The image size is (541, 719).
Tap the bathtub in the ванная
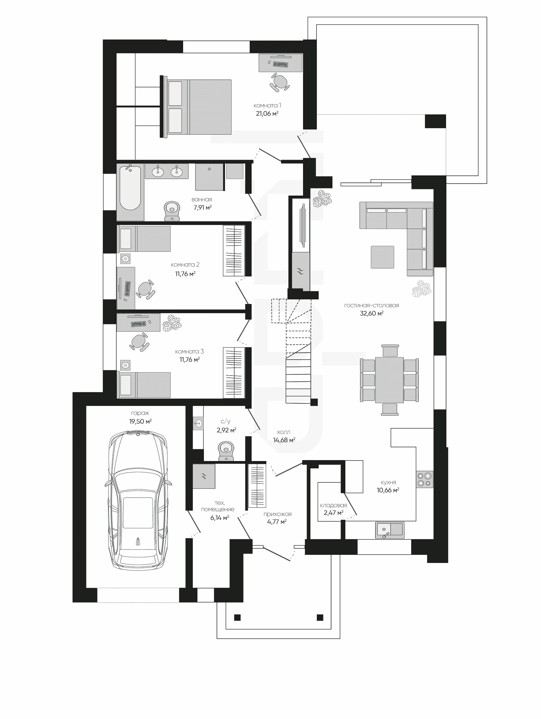point(130,192)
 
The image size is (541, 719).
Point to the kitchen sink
point(390,530)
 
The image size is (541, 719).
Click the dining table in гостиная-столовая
point(389,380)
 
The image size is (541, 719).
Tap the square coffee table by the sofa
point(382,257)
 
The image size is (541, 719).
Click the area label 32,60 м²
point(372,313)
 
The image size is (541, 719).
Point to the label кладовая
point(333,506)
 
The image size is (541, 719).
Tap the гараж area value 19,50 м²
point(140,421)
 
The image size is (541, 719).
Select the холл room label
point(283,432)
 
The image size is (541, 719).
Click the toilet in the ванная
point(172,211)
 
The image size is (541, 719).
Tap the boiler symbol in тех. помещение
point(204,476)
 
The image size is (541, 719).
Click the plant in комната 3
point(172,323)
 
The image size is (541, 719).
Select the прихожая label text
point(277,514)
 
